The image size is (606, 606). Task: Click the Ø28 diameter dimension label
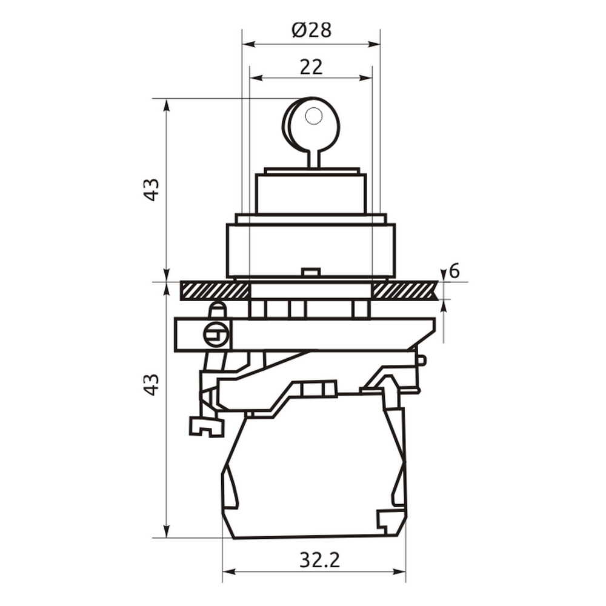click(x=311, y=30)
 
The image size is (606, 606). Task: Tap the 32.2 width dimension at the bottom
click(x=319, y=560)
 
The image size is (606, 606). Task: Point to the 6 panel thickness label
click(x=455, y=271)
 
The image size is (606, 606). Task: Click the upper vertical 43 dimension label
click(x=152, y=189)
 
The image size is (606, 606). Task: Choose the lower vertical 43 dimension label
click(x=152, y=385)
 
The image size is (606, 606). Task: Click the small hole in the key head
click(x=313, y=116)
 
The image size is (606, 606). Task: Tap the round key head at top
click(x=312, y=124)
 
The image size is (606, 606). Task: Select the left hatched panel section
click(x=215, y=291)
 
